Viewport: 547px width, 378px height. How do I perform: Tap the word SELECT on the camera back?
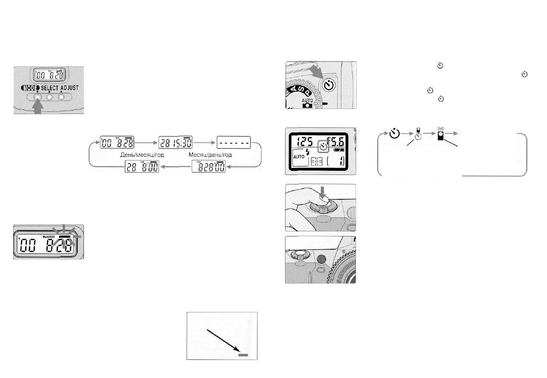(50, 88)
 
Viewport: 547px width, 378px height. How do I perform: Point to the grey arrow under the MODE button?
(37, 107)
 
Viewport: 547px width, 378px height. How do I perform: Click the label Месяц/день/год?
(210, 155)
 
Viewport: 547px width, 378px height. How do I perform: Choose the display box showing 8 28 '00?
(209, 167)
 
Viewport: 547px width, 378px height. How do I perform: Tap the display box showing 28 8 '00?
(142, 167)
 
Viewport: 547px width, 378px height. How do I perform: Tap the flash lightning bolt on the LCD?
(307, 151)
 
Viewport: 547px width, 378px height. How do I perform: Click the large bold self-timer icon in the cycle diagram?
(395, 134)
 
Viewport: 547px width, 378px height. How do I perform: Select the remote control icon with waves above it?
(441, 134)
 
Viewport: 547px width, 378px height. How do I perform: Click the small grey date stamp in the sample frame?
(243, 354)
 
